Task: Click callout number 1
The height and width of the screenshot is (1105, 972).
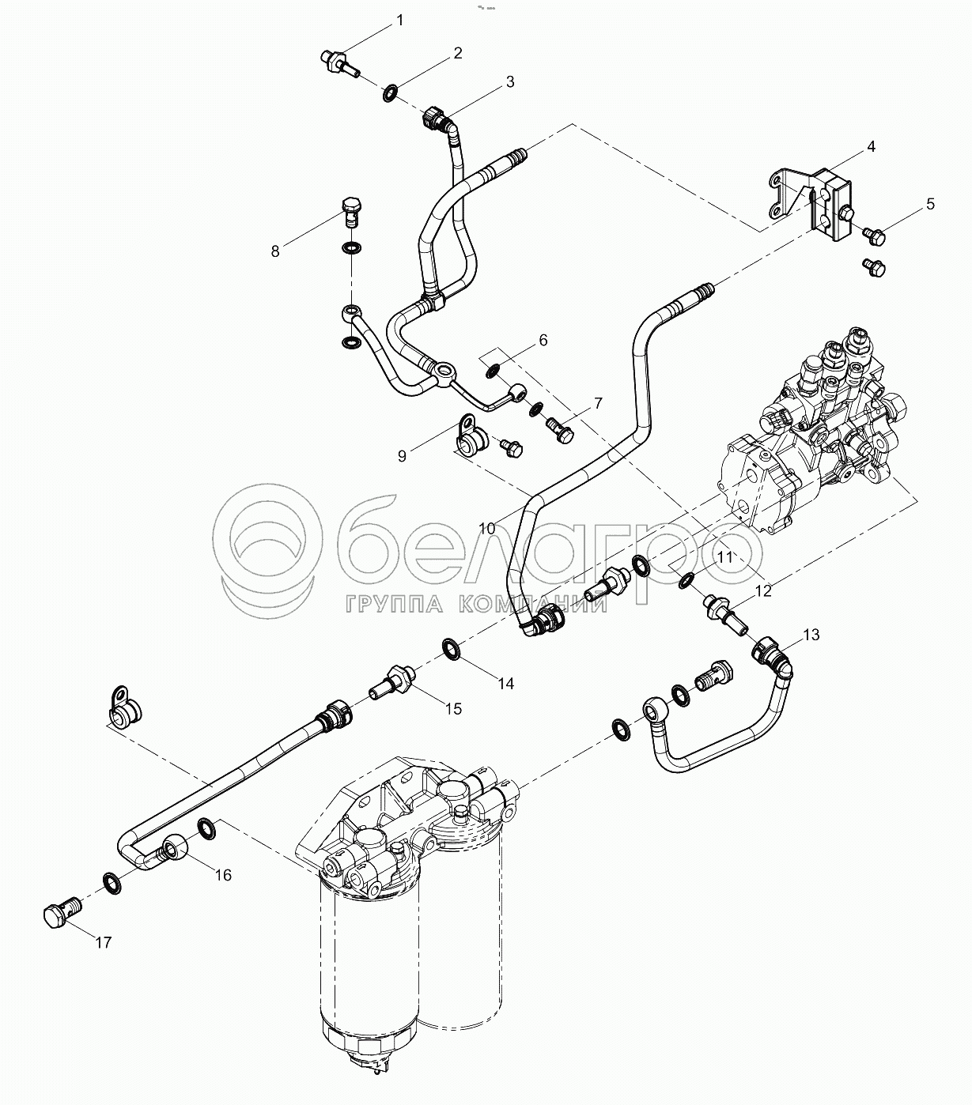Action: pyautogui.click(x=400, y=20)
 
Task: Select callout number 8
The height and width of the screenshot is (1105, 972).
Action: pyautogui.click(x=275, y=251)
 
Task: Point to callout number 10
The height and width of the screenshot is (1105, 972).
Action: pyautogui.click(x=486, y=527)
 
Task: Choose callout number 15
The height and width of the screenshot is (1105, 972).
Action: pyautogui.click(x=452, y=708)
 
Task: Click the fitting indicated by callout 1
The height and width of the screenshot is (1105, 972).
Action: pyautogui.click(x=339, y=62)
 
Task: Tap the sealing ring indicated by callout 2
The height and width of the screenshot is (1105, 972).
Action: pyautogui.click(x=390, y=94)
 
